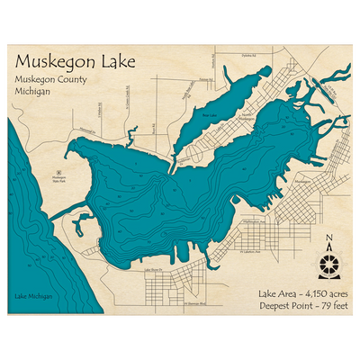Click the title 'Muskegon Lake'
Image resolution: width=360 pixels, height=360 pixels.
point(76,64)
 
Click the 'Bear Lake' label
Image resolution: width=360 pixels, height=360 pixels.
point(209,115)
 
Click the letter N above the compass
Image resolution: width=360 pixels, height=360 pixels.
point(329,238)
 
